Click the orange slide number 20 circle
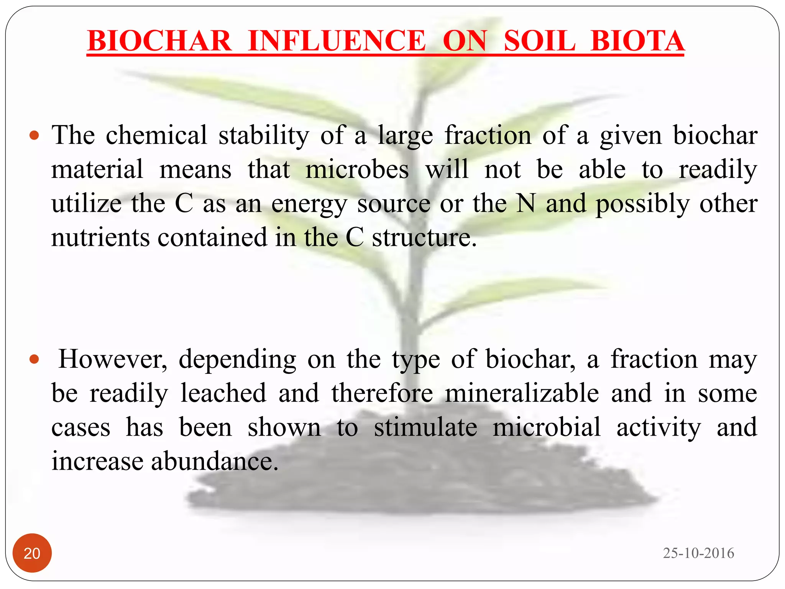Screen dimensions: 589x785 tap(32, 553)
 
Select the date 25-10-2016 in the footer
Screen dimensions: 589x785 tap(698, 553)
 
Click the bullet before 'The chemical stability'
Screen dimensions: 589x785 tap(34, 135)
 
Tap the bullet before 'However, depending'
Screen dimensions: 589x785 tap(34, 360)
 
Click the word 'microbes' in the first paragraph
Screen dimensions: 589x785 tap(357, 169)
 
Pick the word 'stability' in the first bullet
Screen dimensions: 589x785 tap(264, 135)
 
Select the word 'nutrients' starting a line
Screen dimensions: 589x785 tap(100, 237)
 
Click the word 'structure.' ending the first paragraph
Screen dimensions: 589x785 tap(424, 237)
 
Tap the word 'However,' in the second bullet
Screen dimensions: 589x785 tap(113, 360)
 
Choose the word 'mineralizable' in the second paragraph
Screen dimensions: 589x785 tap(522, 393)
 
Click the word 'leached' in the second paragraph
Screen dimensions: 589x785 tap(223, 393)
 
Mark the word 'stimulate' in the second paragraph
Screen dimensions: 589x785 tap(425, 427)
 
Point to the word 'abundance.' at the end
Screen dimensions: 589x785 tap(215, 461)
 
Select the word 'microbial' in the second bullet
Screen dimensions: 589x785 tap(547, 427)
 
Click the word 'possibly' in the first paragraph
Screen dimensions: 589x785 tap(642, 204)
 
